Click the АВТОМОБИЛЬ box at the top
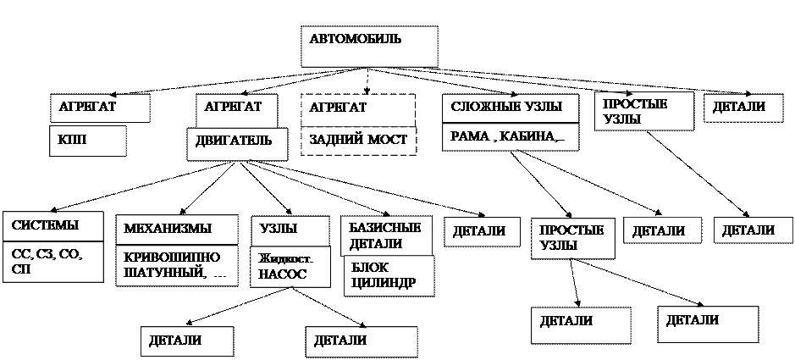pyautogui.click(x=369, y=47)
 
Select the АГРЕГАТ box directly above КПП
pyautogui.click(x=99, y=108)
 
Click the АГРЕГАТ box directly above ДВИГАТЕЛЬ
pyautogui.click(x=238, y=108)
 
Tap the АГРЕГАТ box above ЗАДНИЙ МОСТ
pyautogui.click(x=357, y=108)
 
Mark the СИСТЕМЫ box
pyautogui.click(x=52, y=226)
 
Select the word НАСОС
pyautogui.click(x=283, y=274)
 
